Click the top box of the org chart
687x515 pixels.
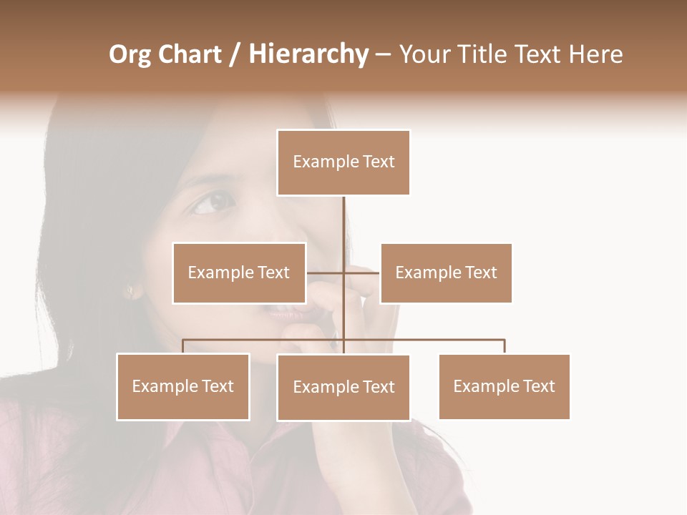coord(343,162)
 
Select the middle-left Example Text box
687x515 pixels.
coord(239,273)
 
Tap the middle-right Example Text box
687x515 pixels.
coord(446,273)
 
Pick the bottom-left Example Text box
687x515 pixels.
coord(183,386)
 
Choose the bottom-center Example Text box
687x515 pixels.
coord(343,387)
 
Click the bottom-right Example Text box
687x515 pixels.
coord(504,386)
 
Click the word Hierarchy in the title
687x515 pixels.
coord(308,54)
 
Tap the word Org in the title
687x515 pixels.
coord(130,54)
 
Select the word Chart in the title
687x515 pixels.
coord(190,54)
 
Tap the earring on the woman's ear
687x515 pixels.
coord(130,290)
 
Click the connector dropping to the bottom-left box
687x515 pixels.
coord(183,346)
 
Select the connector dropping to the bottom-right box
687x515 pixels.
coord(505,346)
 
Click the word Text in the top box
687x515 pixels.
coord(379,162)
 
